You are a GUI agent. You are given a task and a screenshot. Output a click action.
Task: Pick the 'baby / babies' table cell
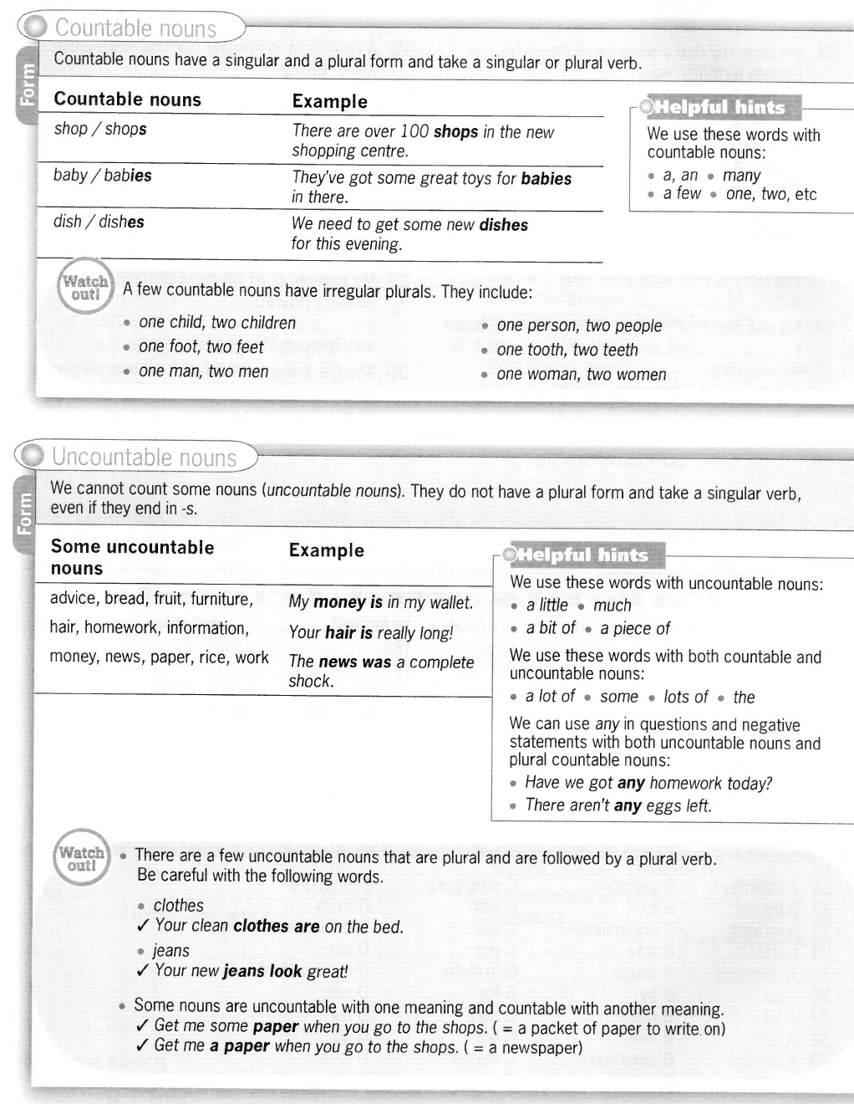[x=103, y=176]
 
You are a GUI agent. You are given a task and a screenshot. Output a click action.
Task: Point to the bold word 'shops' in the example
[x=455, y=132]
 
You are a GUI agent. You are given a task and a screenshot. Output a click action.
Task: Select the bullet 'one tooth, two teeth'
[x=567, y=350]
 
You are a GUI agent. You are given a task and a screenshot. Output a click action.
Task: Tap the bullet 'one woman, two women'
[x=581, y=375]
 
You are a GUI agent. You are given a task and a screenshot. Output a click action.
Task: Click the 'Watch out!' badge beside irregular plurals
[x=85, y=289]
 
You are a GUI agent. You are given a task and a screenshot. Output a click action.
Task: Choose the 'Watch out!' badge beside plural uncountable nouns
[x=81, y=859]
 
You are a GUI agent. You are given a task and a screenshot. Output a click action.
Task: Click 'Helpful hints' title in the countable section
[x=719, y=107]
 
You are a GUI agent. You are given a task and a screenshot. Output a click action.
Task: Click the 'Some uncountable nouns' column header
[x=132, y=558]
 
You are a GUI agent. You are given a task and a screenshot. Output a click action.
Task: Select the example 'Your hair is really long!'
[x=370, y=633]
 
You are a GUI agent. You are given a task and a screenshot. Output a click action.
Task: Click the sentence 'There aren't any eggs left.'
[x=618, y=805]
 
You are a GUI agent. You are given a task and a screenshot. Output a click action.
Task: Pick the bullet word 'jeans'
[x=170, y=950]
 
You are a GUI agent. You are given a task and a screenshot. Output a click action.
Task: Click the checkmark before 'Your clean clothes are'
[x=142, y=925]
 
